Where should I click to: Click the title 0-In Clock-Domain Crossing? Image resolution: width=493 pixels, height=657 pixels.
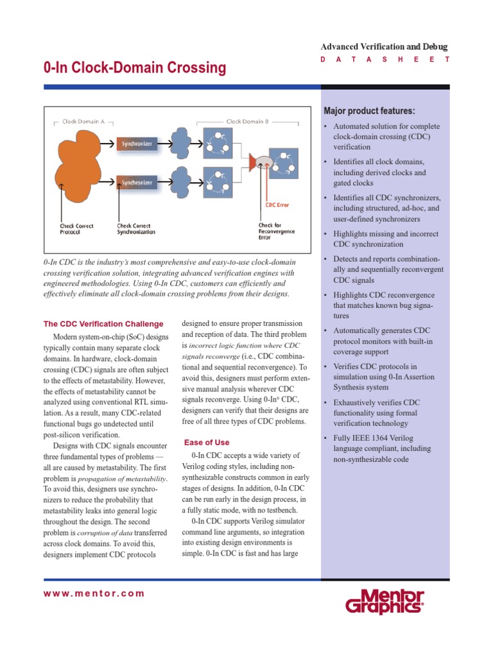135,68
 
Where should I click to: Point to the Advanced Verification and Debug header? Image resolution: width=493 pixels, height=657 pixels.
384,47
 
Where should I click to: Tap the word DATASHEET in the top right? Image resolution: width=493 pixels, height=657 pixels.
384,60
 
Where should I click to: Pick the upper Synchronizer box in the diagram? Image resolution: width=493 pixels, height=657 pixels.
137,144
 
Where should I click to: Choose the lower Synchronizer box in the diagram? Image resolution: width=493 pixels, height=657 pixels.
137,182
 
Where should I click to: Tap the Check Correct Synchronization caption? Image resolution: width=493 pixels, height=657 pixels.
135,228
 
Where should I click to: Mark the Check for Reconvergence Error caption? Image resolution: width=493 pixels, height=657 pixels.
277,231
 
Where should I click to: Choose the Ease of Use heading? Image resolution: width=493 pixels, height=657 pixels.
207,443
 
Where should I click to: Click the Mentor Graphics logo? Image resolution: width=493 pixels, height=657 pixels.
385,602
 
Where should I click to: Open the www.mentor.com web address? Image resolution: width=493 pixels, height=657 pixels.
94,593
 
